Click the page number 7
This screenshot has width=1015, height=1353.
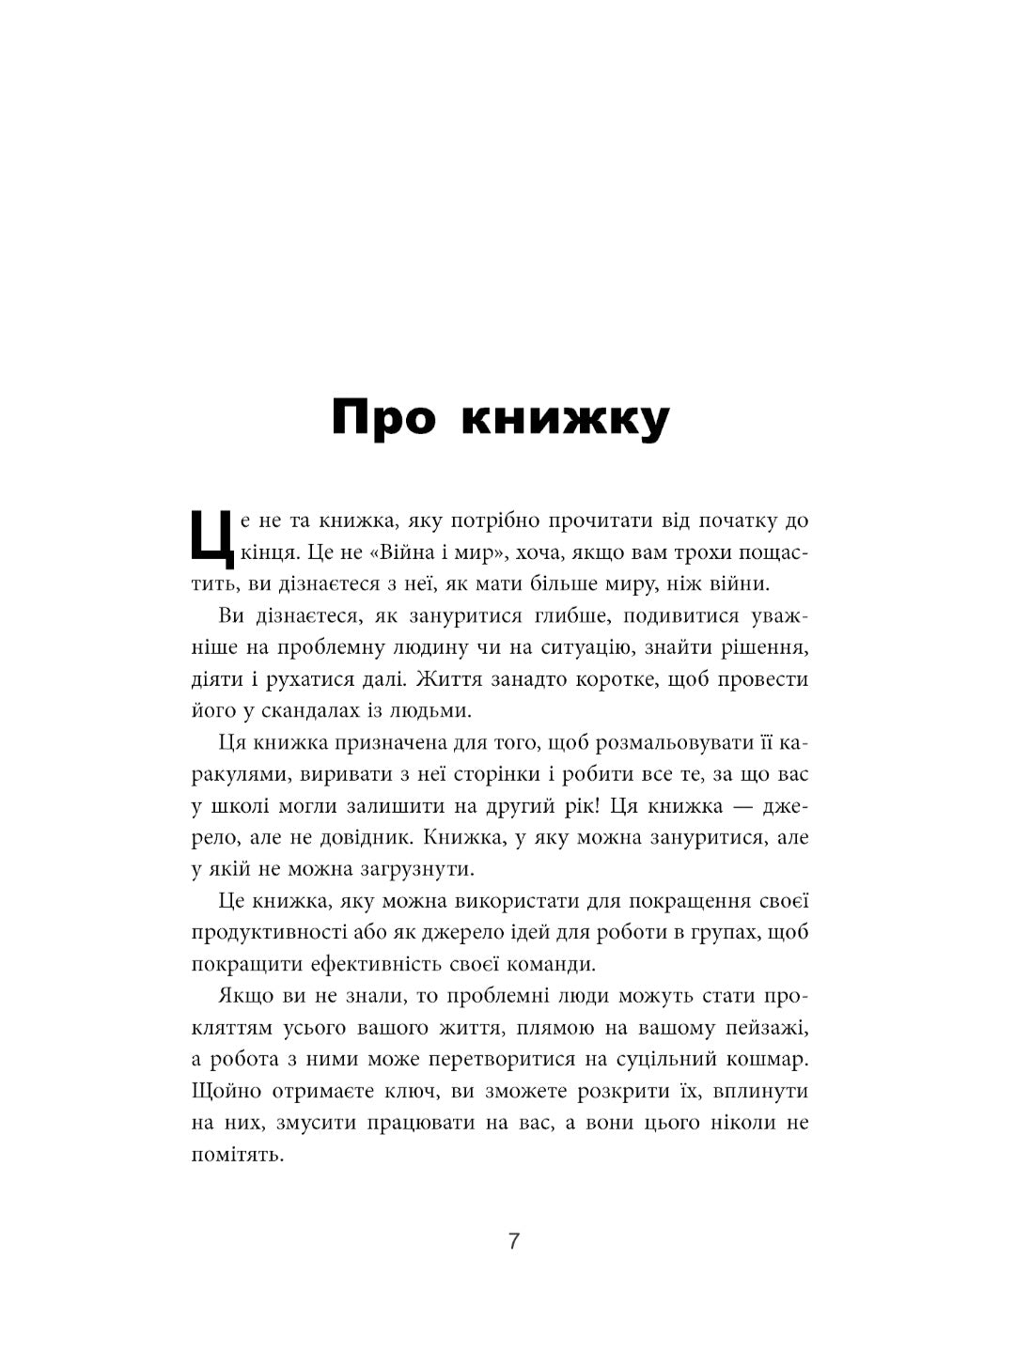pos(513,1241)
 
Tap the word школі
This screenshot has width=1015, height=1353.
pos(239,806)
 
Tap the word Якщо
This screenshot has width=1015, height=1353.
pos(245,997)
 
